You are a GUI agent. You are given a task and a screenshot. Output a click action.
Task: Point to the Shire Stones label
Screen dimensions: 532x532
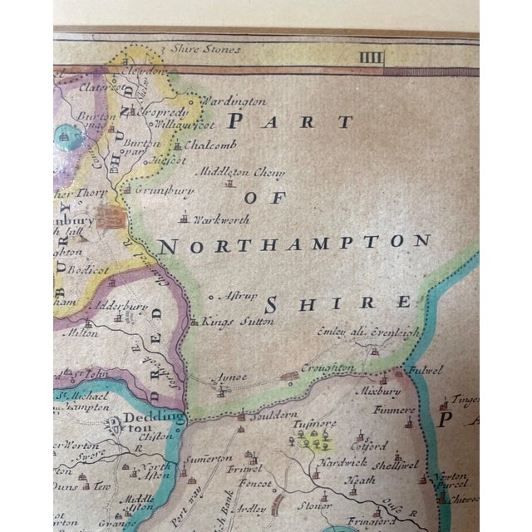pyautogui.click(x=204, y=49)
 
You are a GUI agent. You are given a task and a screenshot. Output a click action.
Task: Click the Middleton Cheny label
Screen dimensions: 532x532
pyautogui.click(x=240, y=173)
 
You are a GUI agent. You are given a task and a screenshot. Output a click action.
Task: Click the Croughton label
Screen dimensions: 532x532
pyautogui.click(x=327, y=367)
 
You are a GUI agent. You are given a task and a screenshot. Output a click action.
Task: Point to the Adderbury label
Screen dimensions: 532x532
pyautogui.click(x=123, y=305)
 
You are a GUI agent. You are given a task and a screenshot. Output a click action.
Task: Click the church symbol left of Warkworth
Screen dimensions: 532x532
pyautogui.click(x=183, y=220)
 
